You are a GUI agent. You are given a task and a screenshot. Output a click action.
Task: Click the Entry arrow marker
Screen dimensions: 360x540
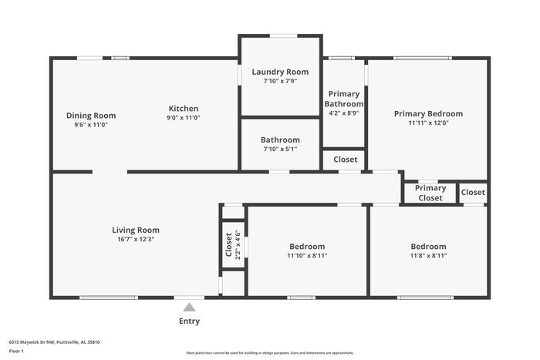coord(189,307)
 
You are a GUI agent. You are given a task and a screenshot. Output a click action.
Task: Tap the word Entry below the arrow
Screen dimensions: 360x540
coord(189,321)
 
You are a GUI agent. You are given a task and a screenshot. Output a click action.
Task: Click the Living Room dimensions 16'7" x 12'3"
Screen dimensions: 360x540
coord(136,239)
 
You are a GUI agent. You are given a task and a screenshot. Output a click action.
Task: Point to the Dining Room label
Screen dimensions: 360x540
coord(90,116)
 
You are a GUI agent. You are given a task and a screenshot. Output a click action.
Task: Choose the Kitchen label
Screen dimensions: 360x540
coord(184,109)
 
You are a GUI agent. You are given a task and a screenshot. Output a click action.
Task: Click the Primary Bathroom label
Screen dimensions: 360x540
coord(343,99)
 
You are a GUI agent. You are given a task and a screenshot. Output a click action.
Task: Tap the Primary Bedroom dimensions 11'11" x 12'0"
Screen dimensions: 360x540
coord(428,123)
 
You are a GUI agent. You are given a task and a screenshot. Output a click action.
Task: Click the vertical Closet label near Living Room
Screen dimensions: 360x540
coord(228,244)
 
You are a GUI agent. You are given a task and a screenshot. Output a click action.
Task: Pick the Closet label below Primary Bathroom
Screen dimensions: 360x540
coord(345,160)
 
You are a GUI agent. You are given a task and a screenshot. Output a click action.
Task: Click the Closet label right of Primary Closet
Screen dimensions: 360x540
coord(473,193)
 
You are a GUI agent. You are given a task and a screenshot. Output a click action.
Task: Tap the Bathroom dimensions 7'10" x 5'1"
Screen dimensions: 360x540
coord(280,149)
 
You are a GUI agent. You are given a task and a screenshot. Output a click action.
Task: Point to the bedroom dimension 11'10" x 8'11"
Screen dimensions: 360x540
coord(306,255)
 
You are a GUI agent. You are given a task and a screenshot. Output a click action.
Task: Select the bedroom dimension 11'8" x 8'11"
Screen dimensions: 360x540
coord(428,255)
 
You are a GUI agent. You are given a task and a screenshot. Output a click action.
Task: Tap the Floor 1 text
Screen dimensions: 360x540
coord(16,352)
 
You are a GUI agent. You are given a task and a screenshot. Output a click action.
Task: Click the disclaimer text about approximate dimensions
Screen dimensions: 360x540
coord(269,352)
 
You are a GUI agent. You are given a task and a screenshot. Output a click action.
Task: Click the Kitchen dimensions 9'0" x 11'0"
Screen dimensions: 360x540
coord(184,118)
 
